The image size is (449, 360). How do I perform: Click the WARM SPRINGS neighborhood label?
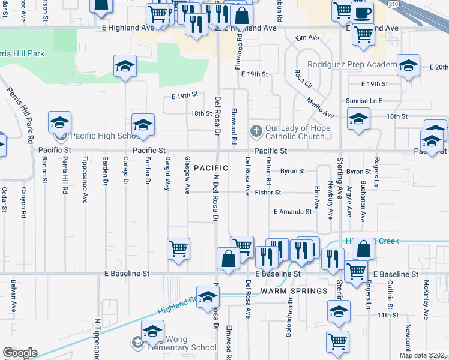294,291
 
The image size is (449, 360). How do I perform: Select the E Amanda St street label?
292,212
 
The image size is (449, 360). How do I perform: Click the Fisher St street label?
268,193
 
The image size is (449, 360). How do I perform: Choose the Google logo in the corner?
20,353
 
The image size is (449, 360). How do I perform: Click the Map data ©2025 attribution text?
423,355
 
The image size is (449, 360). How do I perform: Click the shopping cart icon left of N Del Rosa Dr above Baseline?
179,248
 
